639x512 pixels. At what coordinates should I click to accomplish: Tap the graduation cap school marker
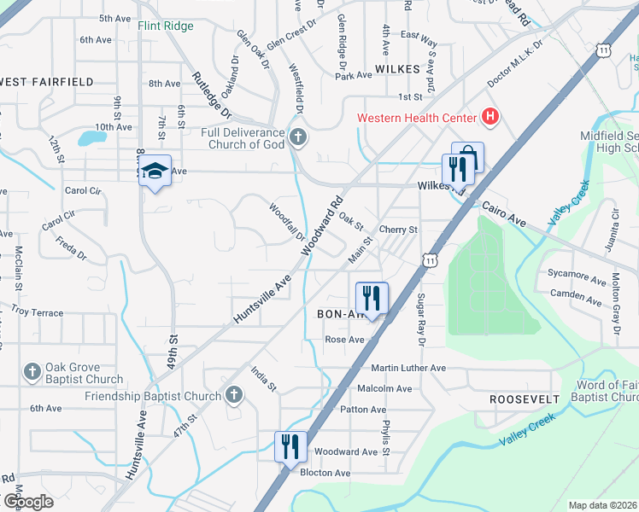pyautogui.click(x=155, y=172)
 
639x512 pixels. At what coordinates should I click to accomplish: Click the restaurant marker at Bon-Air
pyautogui.click(x=371, y=299)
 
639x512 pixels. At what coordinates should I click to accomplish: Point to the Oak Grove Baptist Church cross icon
pyautogui.click(x=32, y=372)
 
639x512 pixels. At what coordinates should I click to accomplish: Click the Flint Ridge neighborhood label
pyautogui.click(x=166, y=26)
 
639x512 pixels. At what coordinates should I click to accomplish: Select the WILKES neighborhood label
pyautogui.click(x=397, y=67)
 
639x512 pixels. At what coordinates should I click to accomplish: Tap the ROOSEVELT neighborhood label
pyautogui.click(x=525, y=399)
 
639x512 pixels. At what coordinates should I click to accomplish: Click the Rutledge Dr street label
pyautogui.click(x=212, y=93)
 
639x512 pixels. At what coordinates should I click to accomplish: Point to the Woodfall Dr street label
pyautogui.click(x=287, y=221)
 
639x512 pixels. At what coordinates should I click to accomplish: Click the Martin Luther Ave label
pyautogui.click(x=408, y=368)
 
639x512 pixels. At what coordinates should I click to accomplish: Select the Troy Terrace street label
pyautogui.click(x=36, y=313)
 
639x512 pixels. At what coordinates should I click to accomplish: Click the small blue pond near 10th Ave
pyautogui.click(x=90, y=138)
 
